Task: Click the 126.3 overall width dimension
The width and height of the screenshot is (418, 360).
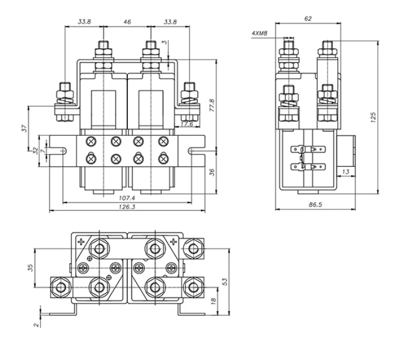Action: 127,207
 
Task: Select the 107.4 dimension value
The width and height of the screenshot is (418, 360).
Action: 127,198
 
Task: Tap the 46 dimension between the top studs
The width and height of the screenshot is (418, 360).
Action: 127,22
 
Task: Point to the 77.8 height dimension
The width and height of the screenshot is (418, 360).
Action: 212,105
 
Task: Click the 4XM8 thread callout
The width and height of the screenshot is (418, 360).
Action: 260,33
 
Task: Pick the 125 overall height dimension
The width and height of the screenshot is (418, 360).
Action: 374,117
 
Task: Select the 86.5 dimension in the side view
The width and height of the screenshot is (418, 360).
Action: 315,204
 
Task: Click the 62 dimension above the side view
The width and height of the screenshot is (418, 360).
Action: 308,19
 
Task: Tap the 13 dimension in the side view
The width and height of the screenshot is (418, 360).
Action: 346,171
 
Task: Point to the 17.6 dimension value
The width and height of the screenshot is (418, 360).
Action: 187,125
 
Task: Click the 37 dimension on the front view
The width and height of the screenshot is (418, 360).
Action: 25,129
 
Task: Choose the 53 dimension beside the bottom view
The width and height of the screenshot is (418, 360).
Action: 225,282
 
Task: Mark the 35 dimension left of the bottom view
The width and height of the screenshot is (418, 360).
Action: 31,268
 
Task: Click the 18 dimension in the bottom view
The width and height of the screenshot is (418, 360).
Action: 213,301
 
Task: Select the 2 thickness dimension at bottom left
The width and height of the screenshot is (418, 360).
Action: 37,325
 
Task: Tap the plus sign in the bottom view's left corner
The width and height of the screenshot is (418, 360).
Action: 81,242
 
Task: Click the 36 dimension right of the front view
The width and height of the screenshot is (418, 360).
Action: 212,172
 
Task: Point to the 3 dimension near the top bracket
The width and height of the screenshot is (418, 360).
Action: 165,42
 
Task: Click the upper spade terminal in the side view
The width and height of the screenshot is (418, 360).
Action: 308,149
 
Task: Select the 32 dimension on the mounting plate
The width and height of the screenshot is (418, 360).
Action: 36,151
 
